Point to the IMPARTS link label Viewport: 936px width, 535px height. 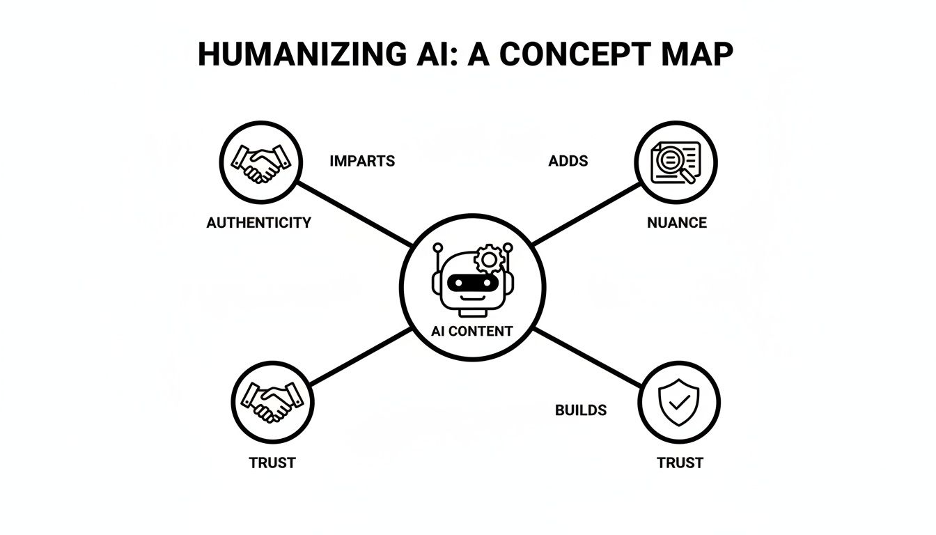(362, 161)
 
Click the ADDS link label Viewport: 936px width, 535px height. (568, 161)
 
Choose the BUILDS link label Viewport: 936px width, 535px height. (581, 410)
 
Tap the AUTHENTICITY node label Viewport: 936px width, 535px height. (259, 223)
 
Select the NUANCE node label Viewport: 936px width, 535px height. (677, 223)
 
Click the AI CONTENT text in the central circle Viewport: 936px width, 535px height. (472, 331)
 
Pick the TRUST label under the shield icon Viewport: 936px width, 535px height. (680, 463)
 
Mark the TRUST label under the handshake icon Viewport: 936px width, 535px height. (272, 463)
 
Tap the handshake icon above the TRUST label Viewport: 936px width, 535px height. (272, 402)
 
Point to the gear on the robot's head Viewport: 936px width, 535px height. (489, 260)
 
